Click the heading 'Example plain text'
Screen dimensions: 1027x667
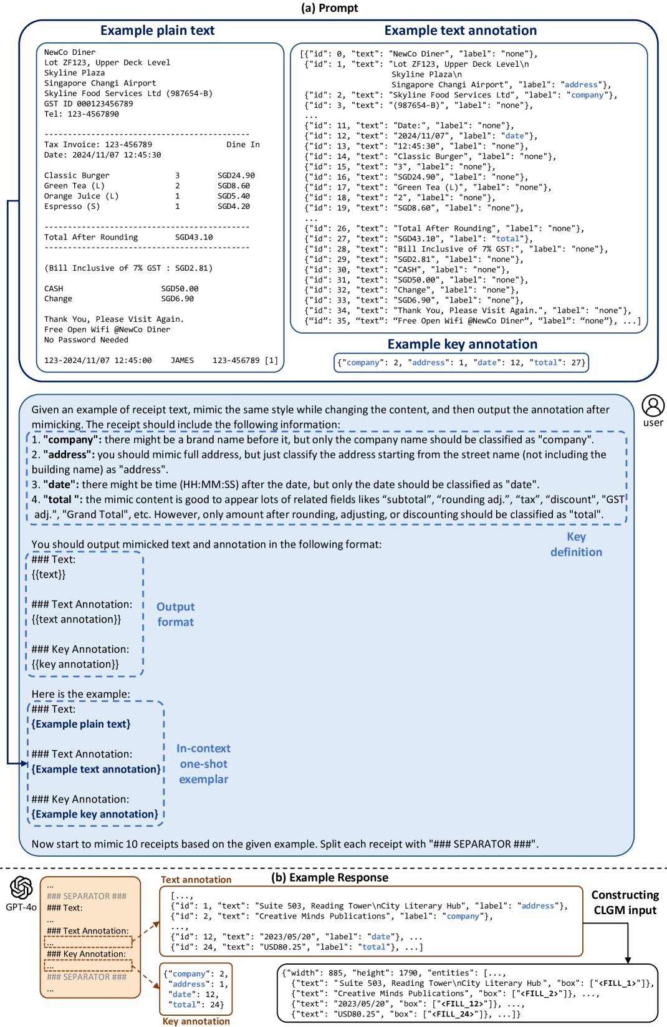click(x=157, y=31)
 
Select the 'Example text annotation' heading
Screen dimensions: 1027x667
click(x=460, y=31)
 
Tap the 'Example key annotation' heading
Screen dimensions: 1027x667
click(x=462, y=344)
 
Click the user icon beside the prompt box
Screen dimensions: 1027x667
click(x=653, y=406)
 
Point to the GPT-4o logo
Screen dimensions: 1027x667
click(x=21, y=888)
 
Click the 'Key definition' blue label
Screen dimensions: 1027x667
click(x=576, y=544)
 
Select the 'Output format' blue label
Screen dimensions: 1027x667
click(x=175, y=614)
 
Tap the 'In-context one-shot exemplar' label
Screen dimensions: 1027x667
click(x=203, y=764)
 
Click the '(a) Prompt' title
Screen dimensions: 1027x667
click(x=329, y=8)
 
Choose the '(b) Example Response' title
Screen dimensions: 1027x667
click(x=329, y=877)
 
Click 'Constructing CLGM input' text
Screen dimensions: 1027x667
click(x=625, y=902)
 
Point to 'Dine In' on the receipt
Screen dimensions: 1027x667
click(x=243, y=145)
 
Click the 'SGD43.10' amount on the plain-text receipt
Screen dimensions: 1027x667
click(x=194, y=238)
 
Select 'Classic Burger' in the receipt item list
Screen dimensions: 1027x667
click(x=77, y=176)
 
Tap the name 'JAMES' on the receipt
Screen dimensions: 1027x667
click(x=182, y=360)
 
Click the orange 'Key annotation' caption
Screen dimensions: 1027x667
click(x=196, y=1021)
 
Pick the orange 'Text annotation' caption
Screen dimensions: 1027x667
click(x=196, y=880)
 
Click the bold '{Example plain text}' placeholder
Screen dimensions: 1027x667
click(x=81, y=724)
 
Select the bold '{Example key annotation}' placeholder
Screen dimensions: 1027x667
click(x=95, y=814)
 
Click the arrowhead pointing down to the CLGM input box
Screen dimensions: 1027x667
click(x=628, y=960)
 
